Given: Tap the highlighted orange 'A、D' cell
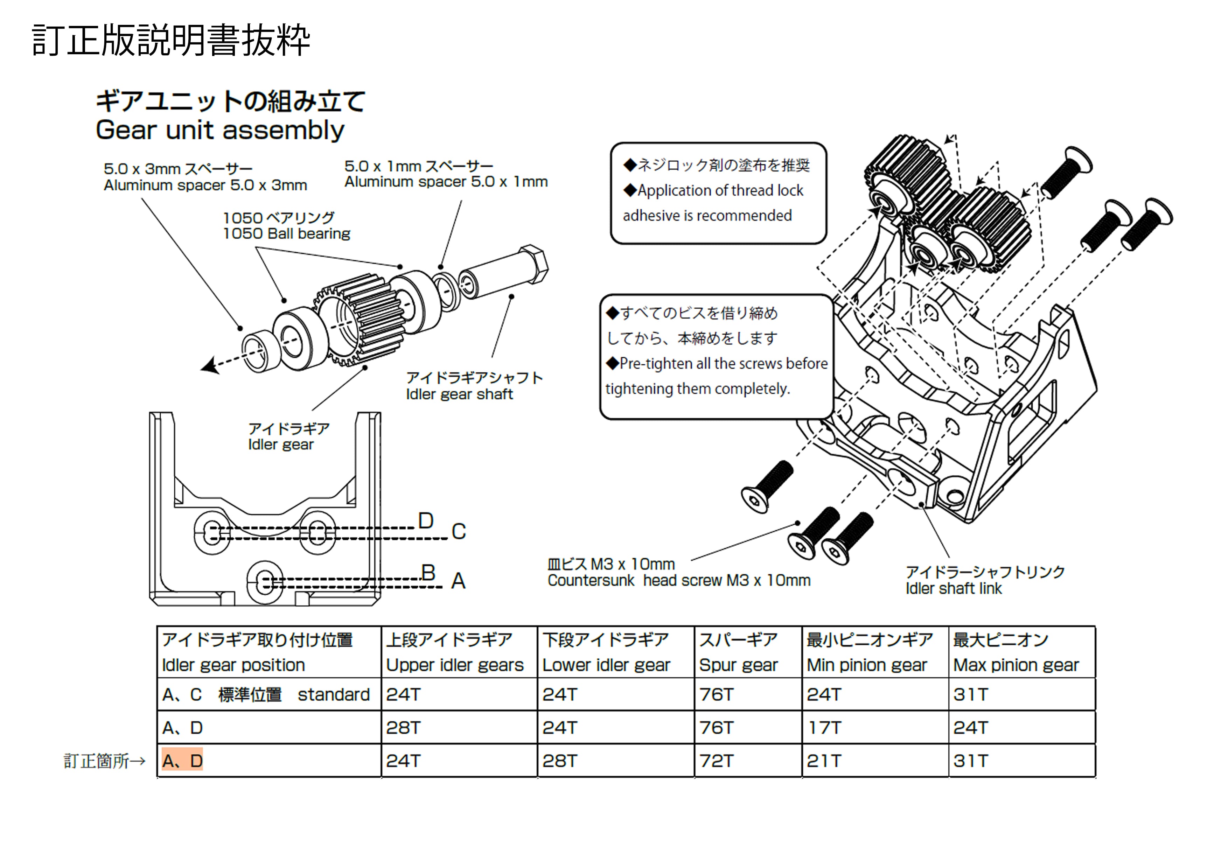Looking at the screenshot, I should pyautogui.click(x=182, y=761).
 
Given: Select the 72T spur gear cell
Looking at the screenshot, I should pyautogui.click(x=716, y=761).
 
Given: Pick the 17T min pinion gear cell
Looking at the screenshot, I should pyautogui.click(x=824, y=727).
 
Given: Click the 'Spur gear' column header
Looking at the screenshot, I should pyautogui.click(x=738, y=665).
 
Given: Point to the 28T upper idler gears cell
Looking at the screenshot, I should pyautogui.click(x=403, y=727).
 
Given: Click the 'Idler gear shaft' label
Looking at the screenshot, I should pyautogui.click(x=459, y=394).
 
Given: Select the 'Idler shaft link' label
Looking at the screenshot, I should pyautogui.click(x=954, y=588).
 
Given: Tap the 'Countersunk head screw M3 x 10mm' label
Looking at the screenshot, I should pyautogui.click(x=679, y=580).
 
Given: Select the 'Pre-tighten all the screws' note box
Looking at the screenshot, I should pyautogui.click(x=716, y=357).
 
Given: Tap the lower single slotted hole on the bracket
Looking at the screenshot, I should pyautogui.click(x=266, y=582).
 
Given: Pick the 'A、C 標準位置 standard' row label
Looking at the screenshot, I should pyautogui.click(x=266, y=694).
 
